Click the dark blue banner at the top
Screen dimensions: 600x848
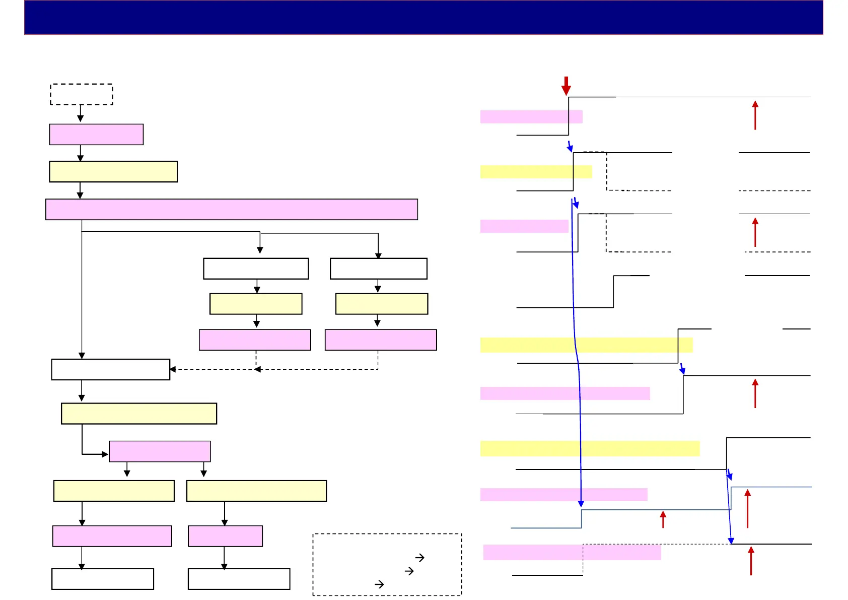[x=423, y=17]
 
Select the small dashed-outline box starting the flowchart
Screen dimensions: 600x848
[x=81, y=94]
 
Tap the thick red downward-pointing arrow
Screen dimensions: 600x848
[x=566, y=86]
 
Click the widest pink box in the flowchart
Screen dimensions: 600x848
[x=232, y=209]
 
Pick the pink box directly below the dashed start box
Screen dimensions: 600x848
[x=96, y=135]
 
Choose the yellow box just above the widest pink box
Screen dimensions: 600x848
[x=113, y=171]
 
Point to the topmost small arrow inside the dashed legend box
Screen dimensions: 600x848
[x=419, y=558]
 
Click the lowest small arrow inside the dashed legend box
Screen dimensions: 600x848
[x=379, y=584]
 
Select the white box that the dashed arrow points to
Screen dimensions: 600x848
[x=111, y=369]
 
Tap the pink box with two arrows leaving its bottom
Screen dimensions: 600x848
[x=160, y=451]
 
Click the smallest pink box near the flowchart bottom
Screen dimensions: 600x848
[x=225, y=536]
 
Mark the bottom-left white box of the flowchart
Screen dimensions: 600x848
[x=103, y=579]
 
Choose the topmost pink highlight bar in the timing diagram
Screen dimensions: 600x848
[x=531, y=117]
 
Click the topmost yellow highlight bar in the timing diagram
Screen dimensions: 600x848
[x=536, y=172]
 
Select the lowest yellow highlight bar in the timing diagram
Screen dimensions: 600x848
[x=590, y=448]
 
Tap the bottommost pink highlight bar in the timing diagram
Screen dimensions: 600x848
[x=572, y=553]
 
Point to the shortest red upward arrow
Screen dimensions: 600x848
[x=663, y=519]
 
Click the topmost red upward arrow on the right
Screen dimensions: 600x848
[x=755, y=115]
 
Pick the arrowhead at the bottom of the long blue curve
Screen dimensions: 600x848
[x=581, y=503]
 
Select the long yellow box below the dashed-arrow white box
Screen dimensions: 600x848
[x=139, y=414]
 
